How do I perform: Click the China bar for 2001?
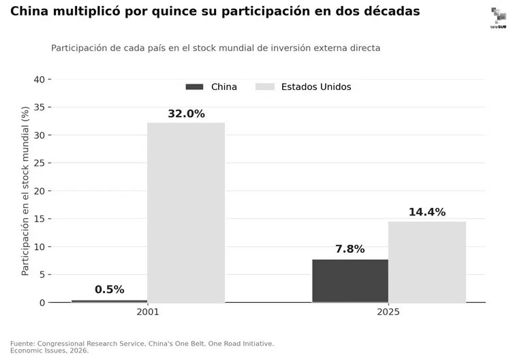click(x=110, y=301)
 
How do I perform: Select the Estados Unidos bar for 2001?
click(x=186, y=213)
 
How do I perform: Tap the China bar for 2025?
click(x=350, y=281)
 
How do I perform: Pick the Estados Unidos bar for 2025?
click(x=427, y=262)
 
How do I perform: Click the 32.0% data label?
click(x=187, y=114)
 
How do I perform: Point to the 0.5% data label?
click(x=110, y=289)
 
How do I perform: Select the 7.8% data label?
click(x=350, y=249)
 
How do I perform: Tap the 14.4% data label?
click(x=427, y=212)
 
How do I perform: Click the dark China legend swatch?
click(x=195, y=87)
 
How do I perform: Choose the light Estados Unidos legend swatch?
click(x=265, y=87)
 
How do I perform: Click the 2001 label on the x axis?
click(x=148, y=312)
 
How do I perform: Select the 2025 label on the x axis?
click(x=388, y=312)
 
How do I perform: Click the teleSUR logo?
click(x=499, y=18)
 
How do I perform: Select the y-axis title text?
click(x=25, y=191)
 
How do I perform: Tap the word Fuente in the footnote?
click(x=22, y=344)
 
